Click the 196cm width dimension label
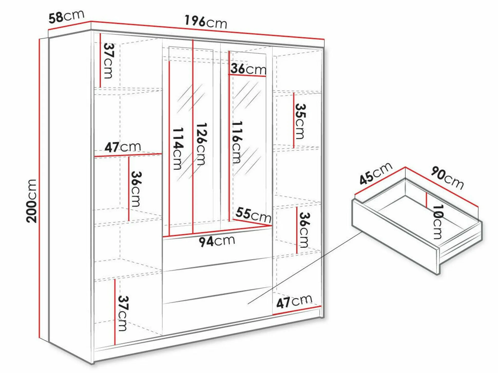click(206, 22)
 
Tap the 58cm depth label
click(66, 16)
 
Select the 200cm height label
click(32, 201)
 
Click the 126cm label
click(202, 144)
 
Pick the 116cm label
click(237, 142)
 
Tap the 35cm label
click(300, 121)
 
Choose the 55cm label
click(253, 215)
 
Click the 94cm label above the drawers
click(217, 241)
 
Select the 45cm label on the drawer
click(376, 173)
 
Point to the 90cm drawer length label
click(447, 178)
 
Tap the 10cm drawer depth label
click(438, 222)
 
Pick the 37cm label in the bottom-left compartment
click(123, 313)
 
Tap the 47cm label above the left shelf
click(123, 147)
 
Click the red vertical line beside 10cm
click(426, 200)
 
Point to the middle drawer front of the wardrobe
click(217, 281)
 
